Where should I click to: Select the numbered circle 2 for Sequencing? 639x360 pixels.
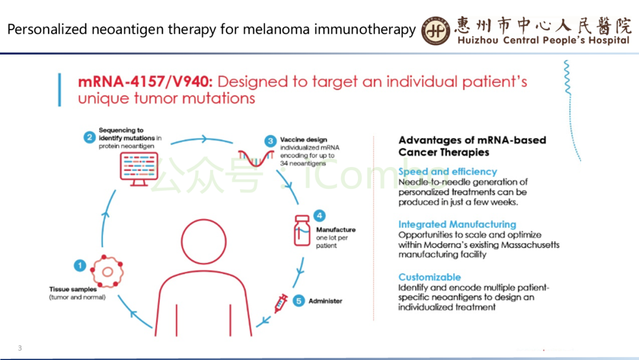pos(89,137)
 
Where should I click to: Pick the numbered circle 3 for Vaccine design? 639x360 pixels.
pos(270,141)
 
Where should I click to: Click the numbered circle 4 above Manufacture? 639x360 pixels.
pos(319,215)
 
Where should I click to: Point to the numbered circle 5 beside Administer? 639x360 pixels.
pos(299,301)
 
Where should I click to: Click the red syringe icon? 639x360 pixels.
pos(280,303)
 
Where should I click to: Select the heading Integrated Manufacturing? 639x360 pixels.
pos(457,224)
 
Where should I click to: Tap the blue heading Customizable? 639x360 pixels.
pos(430,277)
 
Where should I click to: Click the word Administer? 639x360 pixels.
pos(325,301)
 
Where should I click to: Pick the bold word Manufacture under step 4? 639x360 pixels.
pos(335,230)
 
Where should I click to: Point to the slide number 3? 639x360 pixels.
pos(20,348)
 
